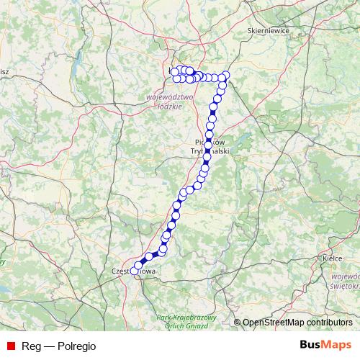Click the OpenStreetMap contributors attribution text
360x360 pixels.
(297, 323)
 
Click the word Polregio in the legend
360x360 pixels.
(75, 346)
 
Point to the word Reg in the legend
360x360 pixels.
(31, 346)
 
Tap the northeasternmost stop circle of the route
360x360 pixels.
(226, 76)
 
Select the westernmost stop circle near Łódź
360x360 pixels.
(174, 71)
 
